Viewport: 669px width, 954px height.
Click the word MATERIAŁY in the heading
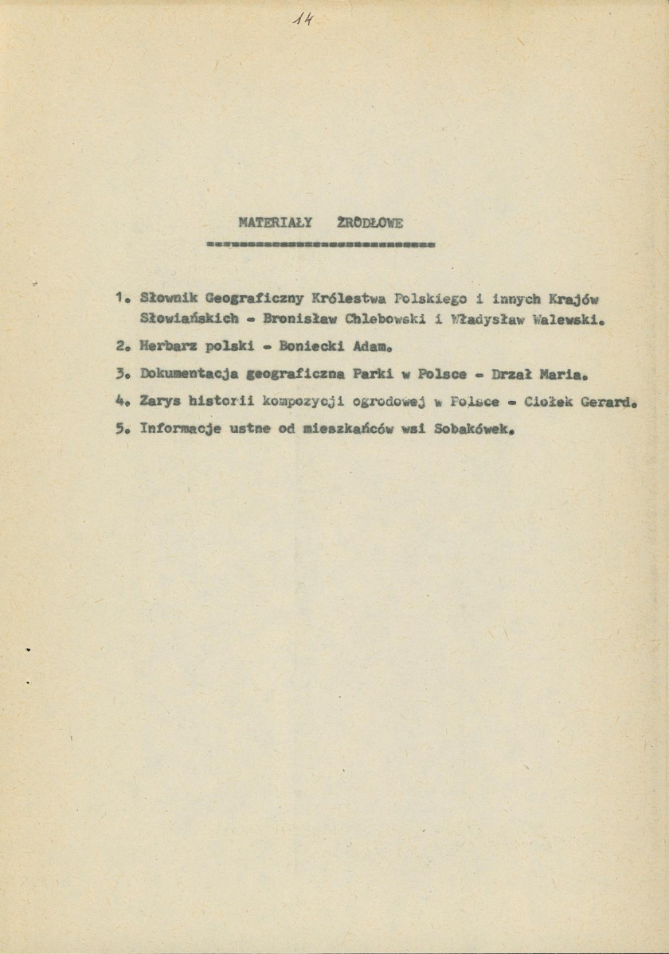pos(272,224)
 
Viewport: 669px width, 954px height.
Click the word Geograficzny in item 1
pos(241,299)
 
